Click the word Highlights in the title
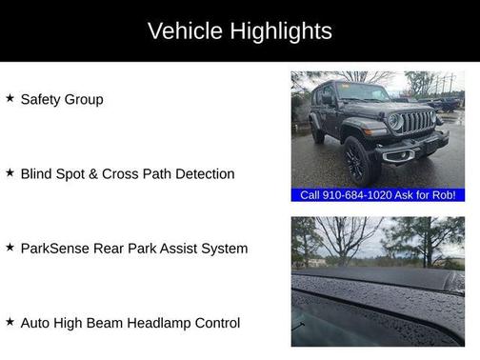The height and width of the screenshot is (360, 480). (276, 30)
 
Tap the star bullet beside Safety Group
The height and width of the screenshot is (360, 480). (10, 98)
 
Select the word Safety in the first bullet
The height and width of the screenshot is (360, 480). (39, 99)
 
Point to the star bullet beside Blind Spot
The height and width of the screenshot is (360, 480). (10, 173)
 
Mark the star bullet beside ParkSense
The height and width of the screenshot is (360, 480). (10, 248)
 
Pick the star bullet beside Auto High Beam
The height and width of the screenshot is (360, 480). (10, 322)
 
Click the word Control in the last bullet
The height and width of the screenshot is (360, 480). (215, 323)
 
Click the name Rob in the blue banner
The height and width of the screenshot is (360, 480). (445, 195)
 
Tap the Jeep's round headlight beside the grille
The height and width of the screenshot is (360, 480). (394, 123)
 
